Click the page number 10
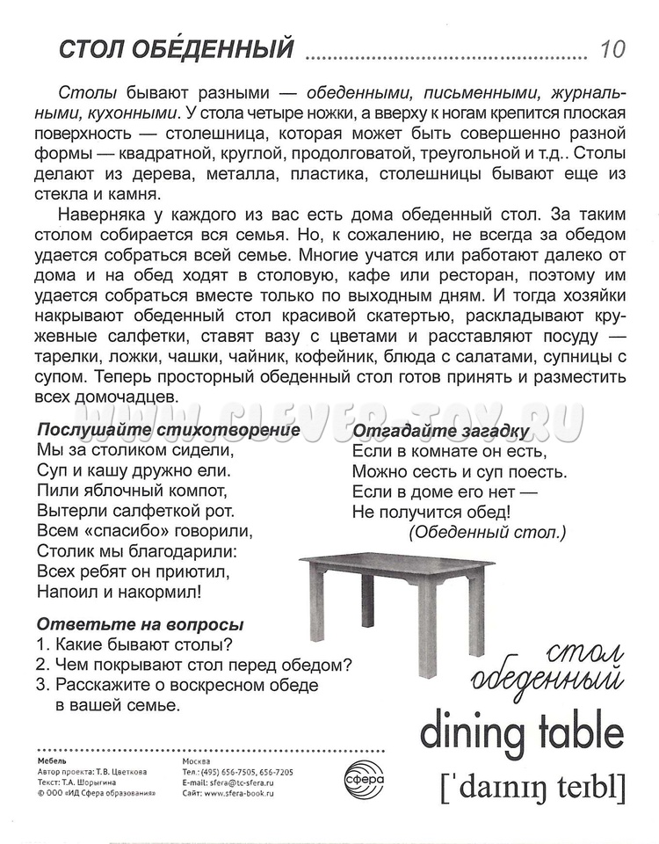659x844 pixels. pyautogui.click(x=612, y=49)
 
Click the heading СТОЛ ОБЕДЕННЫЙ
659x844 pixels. pyautogui.click(x=174, y=49)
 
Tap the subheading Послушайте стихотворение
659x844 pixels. pyautogui.click(x=168, y=431)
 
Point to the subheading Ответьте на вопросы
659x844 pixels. pyautogui.click(x=140, y=625)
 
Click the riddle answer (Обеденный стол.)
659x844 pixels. pyautogui.click(x=488, y=532)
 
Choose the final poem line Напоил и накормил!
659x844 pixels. pyautogui.click(x=119, y=592)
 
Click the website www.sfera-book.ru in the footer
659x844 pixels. pyautogui.click(x=243, y=792)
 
